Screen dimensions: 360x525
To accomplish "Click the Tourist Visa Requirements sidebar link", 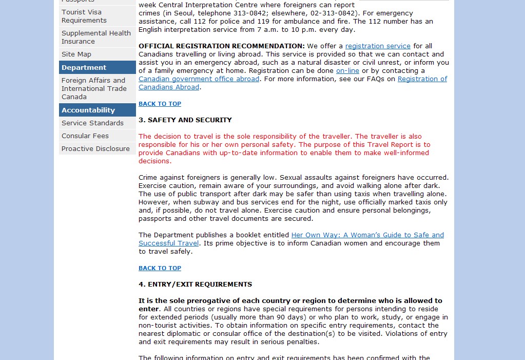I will [x=84, y=16].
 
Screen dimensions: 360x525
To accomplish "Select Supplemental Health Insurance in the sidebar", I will [x=96, y=37].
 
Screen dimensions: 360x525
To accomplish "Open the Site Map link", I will [x=76, y=54].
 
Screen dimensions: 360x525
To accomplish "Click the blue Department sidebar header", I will [x=84, y=67].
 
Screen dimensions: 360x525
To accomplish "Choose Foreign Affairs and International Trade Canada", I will [x=94, y=88].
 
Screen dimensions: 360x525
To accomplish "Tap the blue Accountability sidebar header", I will [x=88, y=110].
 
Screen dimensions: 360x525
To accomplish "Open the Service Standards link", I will [x=92, y=123].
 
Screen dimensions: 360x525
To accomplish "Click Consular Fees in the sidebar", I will [x=85, y=136].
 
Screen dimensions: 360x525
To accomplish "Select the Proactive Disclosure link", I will [x=95, y=148].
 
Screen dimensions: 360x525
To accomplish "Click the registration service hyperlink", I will [x=378, y=46].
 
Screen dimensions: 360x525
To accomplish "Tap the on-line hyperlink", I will [x=347, y=70].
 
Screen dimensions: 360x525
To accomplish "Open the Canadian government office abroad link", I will [x=199, y=79].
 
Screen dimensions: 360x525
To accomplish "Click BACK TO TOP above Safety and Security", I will [x=160, y=104].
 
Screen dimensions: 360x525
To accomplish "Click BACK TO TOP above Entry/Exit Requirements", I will [x=160, y=268].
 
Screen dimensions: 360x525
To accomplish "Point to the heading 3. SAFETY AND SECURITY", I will [x=185, y=120].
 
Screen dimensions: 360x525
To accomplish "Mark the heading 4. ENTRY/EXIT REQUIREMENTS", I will [x=195, y=284].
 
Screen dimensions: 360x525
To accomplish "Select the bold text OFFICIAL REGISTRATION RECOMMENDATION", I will [x=222, y=46].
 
